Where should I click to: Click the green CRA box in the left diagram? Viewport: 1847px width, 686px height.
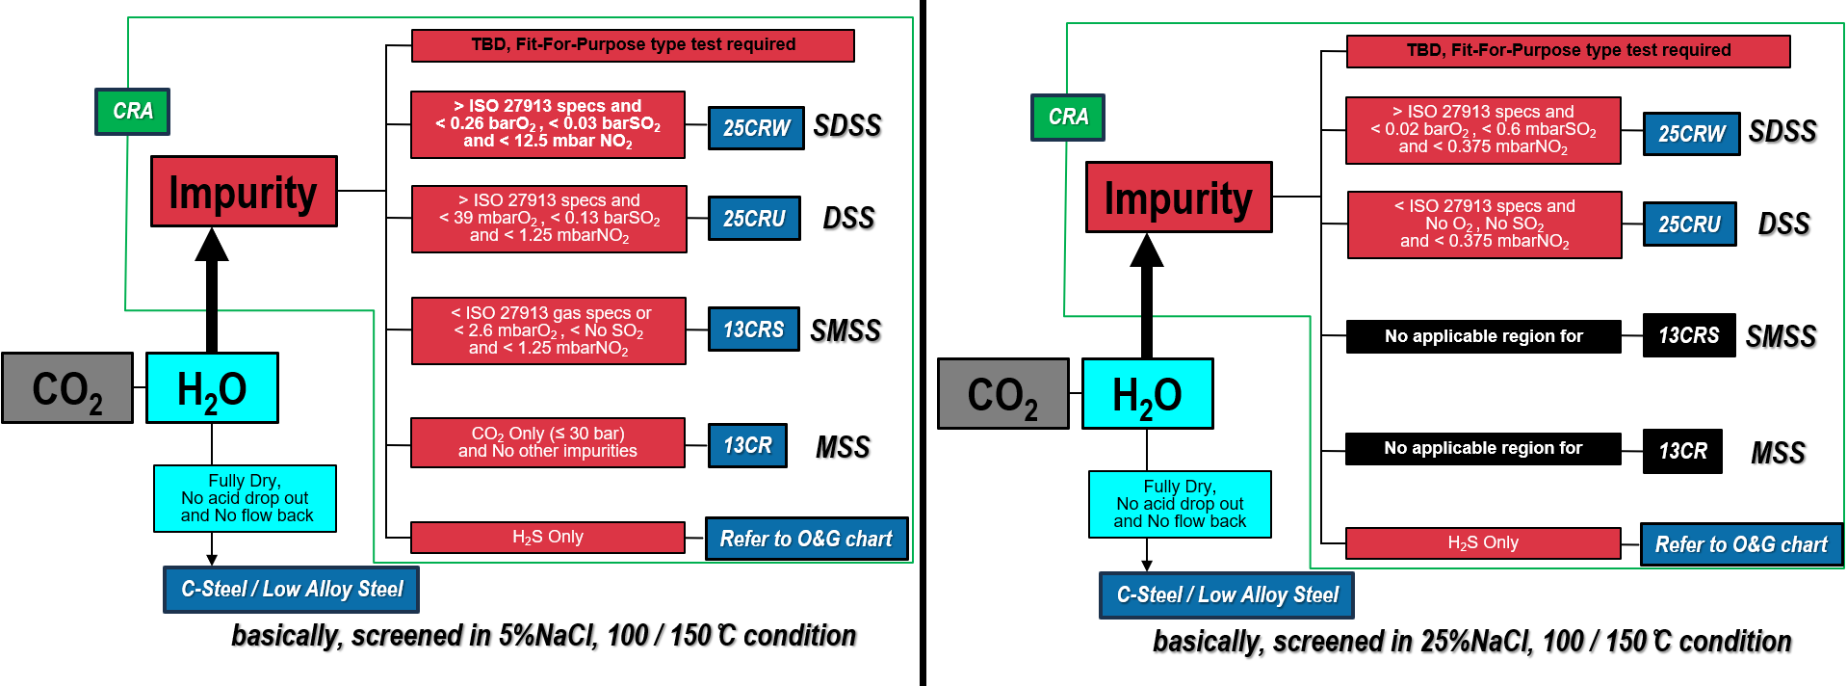point(133,112)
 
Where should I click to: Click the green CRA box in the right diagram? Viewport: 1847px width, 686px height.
point(1068,118)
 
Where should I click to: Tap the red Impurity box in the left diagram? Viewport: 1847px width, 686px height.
point(244,192)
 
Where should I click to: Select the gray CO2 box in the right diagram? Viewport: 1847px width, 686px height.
point(1002,394)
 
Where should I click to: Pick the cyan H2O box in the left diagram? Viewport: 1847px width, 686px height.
point(212,388)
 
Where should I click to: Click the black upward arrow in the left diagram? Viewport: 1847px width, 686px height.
point(212,289)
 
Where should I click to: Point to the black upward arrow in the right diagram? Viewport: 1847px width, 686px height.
point(1147,295)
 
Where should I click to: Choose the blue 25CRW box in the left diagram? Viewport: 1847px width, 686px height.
point(756,128)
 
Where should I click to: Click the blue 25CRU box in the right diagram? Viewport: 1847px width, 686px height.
point(1689,224)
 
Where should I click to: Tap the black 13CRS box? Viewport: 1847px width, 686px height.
point(1689,335)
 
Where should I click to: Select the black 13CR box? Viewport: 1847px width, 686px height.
point(1682,451)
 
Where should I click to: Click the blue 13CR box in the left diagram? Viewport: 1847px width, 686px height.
point(747,445)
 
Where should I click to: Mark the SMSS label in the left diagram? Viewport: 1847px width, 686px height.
point(845,331)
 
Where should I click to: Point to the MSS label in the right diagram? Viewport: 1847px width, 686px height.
point(1778,453)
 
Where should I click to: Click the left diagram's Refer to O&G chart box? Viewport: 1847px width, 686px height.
point(806,539)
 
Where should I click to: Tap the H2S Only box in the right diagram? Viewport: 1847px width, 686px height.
point(1483,543)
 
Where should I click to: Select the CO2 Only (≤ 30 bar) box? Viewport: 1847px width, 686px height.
point(548,442)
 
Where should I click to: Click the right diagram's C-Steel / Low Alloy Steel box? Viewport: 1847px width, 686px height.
point(1227,595)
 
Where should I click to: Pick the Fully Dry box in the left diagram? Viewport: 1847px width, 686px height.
point(246,498)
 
